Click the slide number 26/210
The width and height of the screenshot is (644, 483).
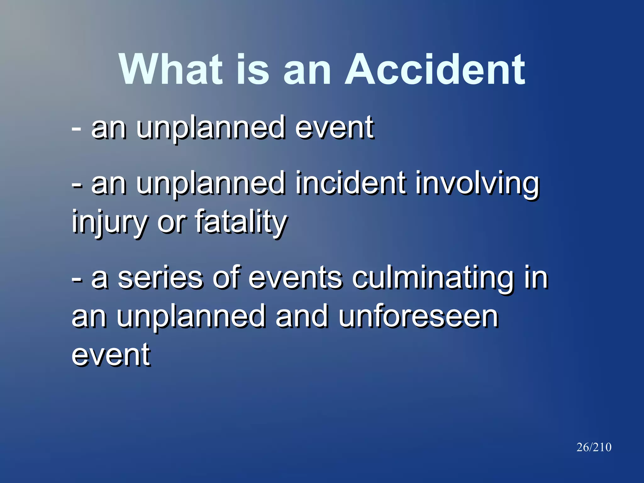coord(594,447)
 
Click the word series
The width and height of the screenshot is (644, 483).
coord(160,278)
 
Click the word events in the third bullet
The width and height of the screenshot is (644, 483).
coord(295,278)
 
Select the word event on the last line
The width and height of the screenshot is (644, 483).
coord(111,355)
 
